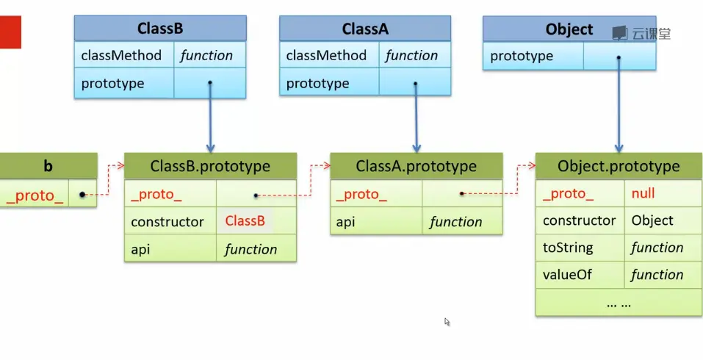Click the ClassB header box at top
click(x=160, y=29)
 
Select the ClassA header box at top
click(x=365, y=29)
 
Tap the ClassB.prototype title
click(x=210, y=166)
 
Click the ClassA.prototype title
click(x=416, y=166)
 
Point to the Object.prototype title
click(x=619, y=166)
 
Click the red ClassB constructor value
click(x=245, y=221)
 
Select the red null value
click(x=643, y=193)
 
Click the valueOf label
click(x=567, y=275)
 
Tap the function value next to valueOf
click(x=657, y=275)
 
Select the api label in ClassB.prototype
click(x=141, y=249)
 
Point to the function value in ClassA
click(x=411, y=56)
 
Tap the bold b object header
click(x=48, y=166)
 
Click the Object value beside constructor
click(x=652, y=220)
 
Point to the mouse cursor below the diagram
click(x=447, y=321)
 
